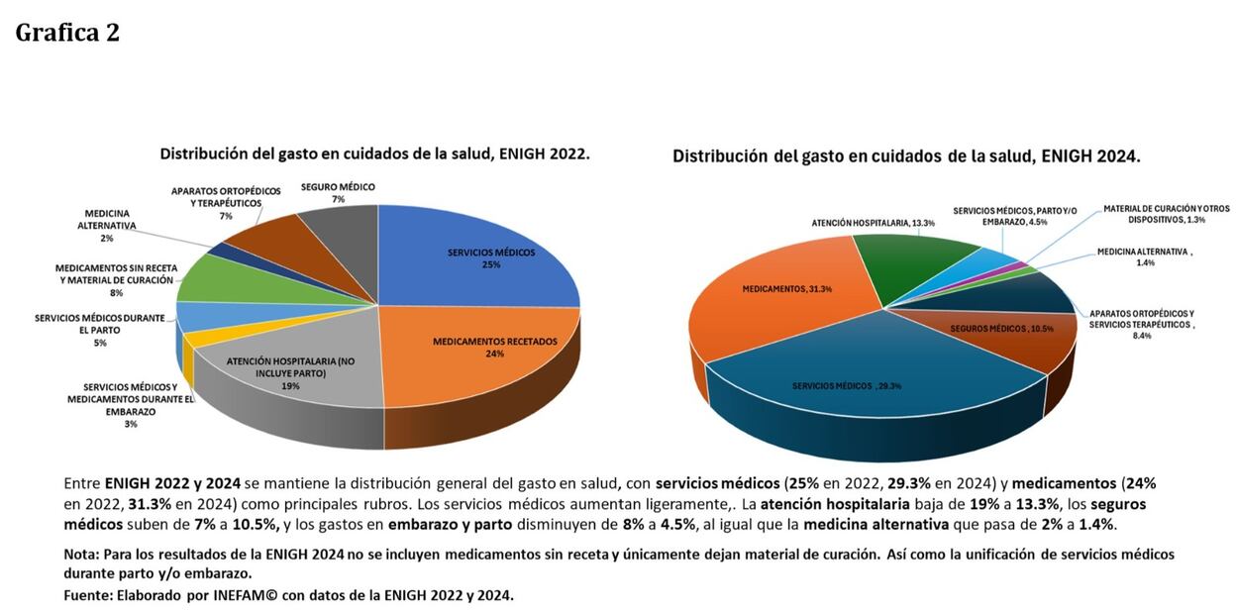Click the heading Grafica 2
(x=67, y=33)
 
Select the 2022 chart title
(x=374, y=154)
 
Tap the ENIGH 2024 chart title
(x=906, y=156)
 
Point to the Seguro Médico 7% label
(x=338, y=193)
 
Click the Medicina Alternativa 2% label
(x=106, y=226)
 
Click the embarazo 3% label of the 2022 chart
(x=130, y=404)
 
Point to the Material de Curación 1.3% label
(x=1166, y=214)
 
